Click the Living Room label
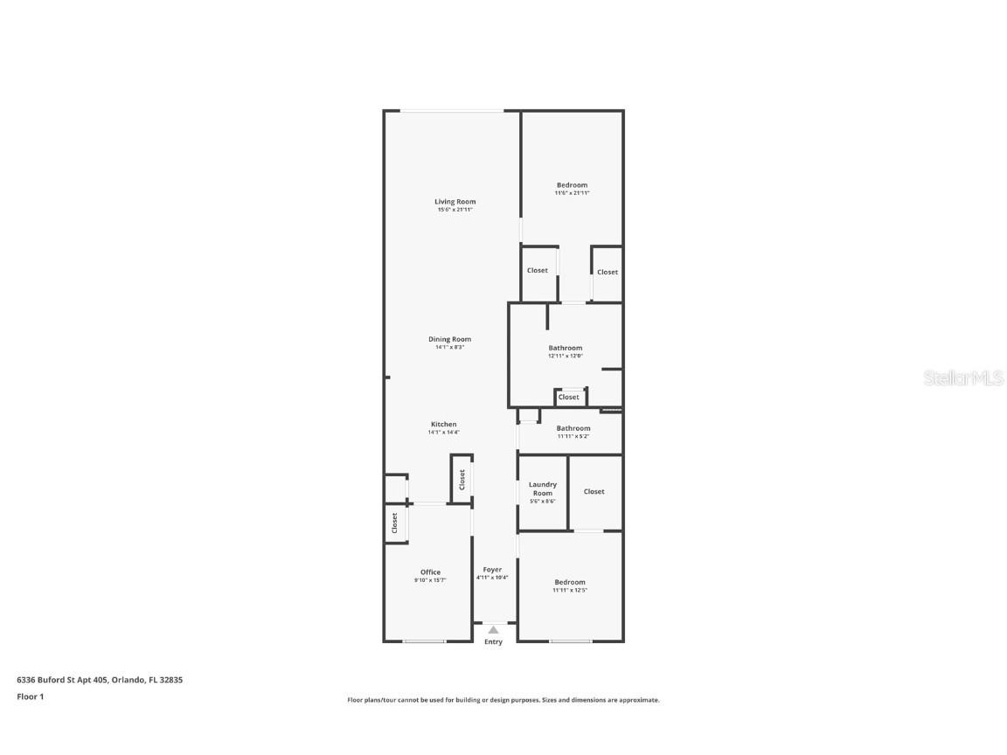pos(455,202)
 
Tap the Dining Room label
pos(449,339)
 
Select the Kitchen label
pos(443,424)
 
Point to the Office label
pos(430,572)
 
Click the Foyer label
pos(493,570)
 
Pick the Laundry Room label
pos(543,488)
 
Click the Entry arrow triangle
pos(493,629)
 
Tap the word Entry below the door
pos(493,642)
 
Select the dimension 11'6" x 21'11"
pos(572,193)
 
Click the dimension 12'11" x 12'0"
pos(565,356)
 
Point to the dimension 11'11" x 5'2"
pos(573,436)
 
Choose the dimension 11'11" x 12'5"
pos(569,590)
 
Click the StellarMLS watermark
pos(962,377)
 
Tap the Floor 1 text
pos(30,696)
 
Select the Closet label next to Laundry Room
pos(594,491)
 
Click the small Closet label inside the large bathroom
pos(569,397)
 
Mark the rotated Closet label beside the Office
pos(394,523)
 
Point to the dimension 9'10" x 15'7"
pos(430,580)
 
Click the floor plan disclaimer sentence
pos(503,700)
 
